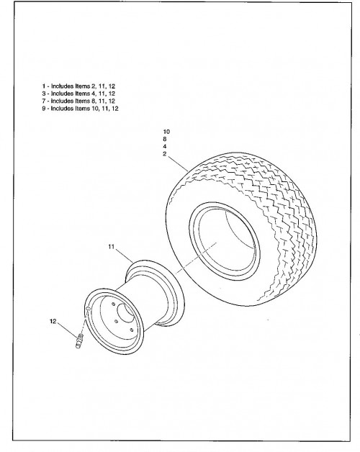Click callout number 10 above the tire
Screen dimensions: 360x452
[x=166, y=132]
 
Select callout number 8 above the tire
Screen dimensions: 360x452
[x=165, y=139]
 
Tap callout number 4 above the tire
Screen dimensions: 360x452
[x=165, y=146]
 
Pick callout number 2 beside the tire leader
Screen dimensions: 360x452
[x=165, y=154]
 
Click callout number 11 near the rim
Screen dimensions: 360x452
[x=112, y=247]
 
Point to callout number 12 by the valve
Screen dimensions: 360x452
[x=53, y=321]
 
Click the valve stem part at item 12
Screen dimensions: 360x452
[x=80, y=340]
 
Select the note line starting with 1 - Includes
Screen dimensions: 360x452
[x=78, y=86]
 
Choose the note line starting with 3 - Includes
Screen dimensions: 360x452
[x=78, y=94]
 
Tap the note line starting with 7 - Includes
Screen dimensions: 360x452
[x=78, y=101]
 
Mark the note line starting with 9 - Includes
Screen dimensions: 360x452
[x=80, y=109]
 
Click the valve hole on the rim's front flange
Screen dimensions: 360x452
[x=88, y=309]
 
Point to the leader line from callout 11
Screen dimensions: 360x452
[x=124, y=255]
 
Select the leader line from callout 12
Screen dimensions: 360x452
[x=67, y=330]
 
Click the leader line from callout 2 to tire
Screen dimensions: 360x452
[x=178, y=163]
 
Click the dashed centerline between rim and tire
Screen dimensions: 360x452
[x=196, y=258]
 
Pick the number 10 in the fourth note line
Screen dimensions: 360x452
[x=95, y=109]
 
